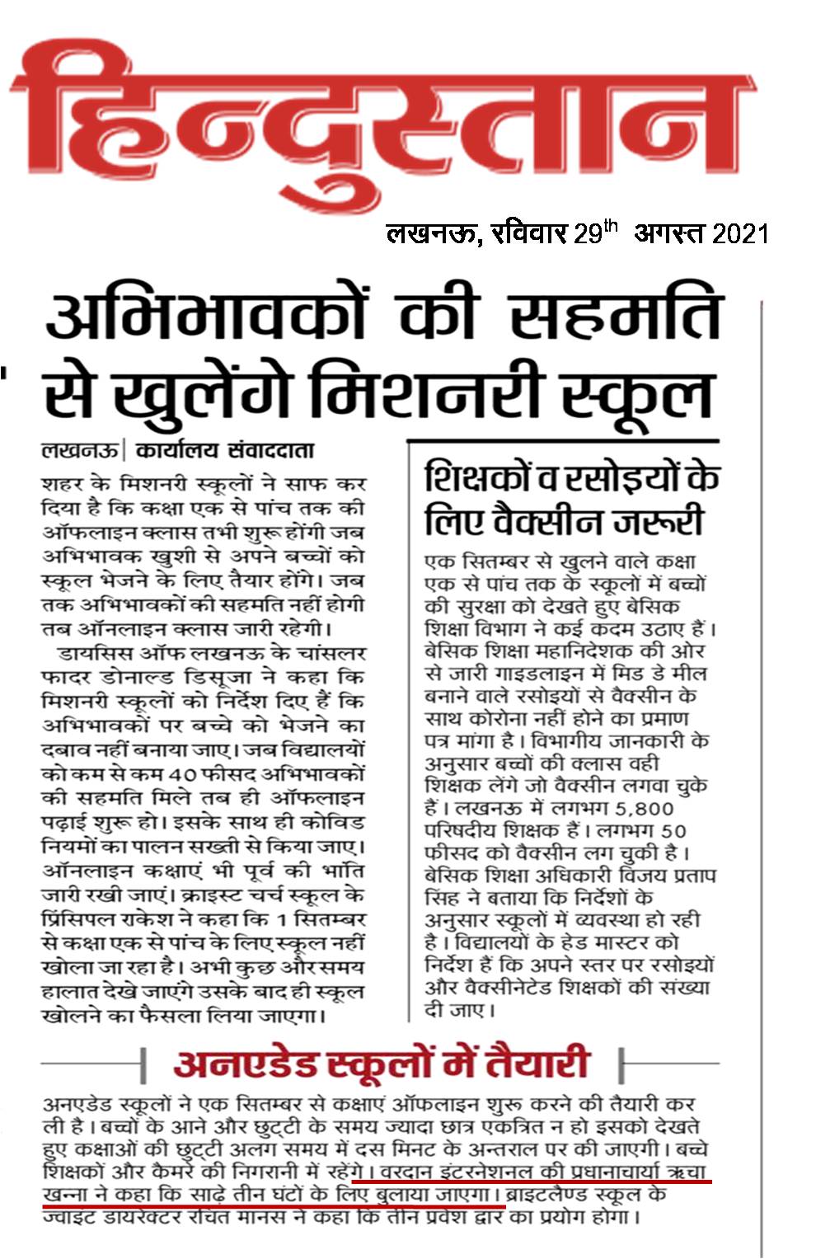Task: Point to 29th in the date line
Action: [594, 233]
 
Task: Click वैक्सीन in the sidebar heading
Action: [551, 521]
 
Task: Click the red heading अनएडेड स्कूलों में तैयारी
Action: [381, 1064]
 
